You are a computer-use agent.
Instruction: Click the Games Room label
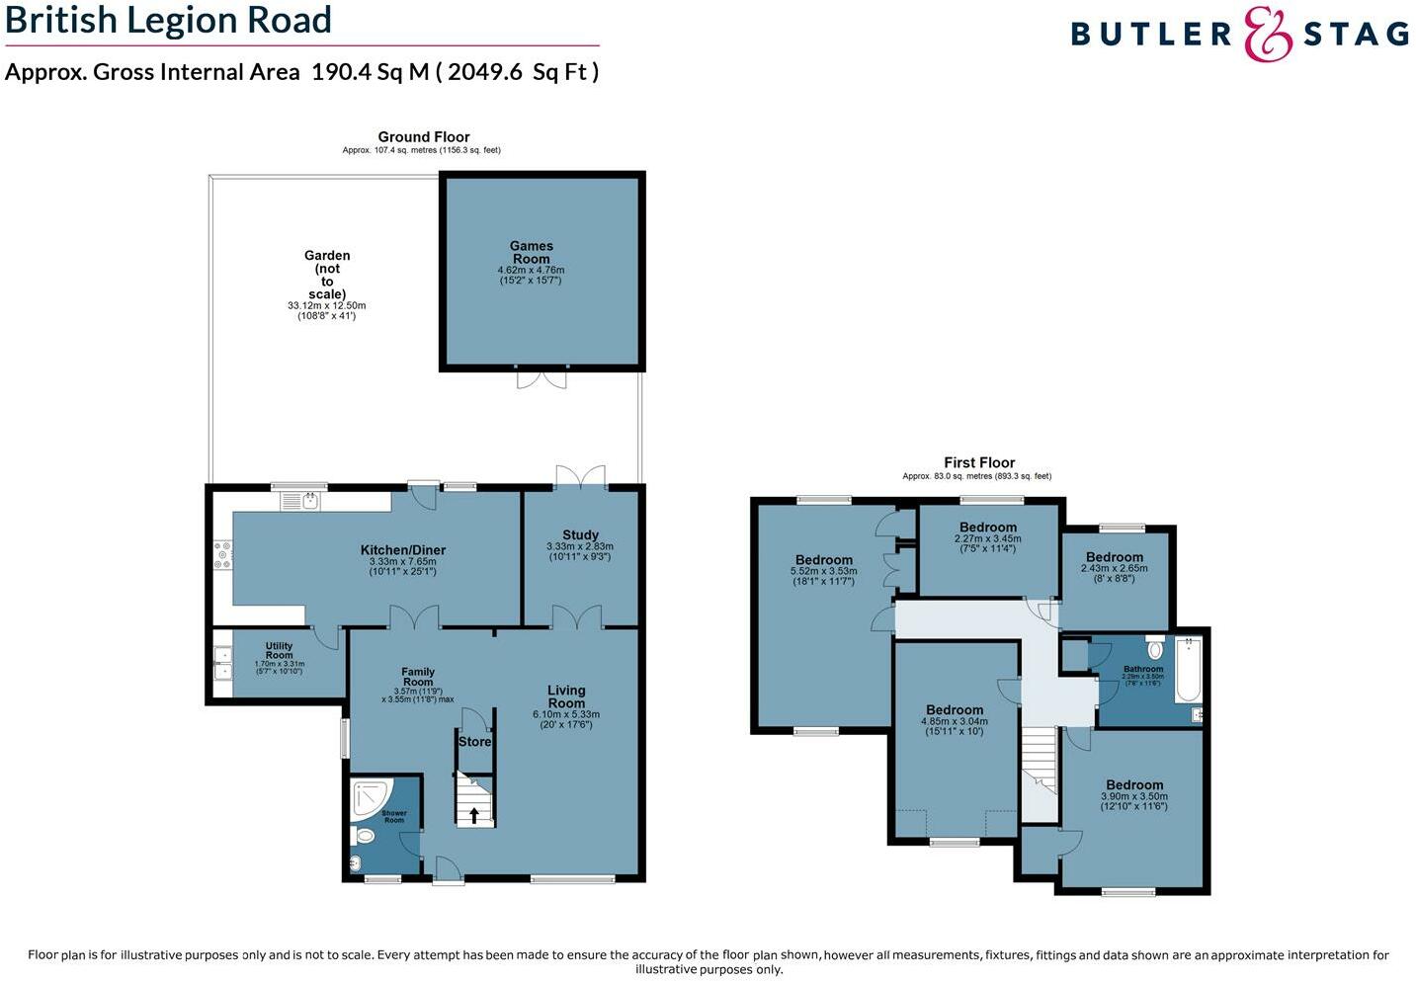click(531, 252)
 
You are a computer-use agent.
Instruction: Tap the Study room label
click(580, 534)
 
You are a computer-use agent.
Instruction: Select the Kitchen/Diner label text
click(402, 550)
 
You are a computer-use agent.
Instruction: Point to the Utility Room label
click(279, 650)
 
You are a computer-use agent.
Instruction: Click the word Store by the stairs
click(474, 741)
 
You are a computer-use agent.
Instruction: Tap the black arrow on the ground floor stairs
click(474, 815)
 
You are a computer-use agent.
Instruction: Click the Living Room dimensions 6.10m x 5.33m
click(566, 714)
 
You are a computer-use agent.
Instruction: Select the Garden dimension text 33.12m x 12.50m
click(326, 305)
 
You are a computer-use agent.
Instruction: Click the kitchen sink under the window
click(301, 502)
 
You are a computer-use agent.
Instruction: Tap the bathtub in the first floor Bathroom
click(1188, 670)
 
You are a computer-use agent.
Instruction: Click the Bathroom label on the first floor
click(1143, 669)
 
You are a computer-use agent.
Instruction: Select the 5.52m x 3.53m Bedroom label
click(823, 560)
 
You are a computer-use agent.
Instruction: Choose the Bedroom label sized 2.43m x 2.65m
click(1114, 557)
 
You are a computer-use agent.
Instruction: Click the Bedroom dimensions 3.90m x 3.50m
click(1133, 796)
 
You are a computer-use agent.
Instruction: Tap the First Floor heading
click(978, 462)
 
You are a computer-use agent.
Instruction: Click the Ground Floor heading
click(423, 137)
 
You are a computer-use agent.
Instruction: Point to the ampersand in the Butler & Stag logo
click(1268, 35)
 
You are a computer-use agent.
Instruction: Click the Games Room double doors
click(542, 378)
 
